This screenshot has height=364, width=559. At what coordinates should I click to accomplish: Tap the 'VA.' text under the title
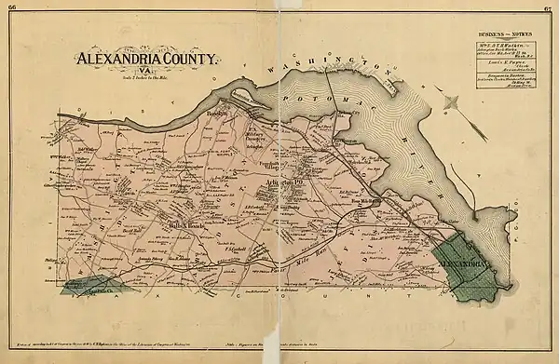143,71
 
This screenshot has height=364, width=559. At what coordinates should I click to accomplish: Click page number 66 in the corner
10,7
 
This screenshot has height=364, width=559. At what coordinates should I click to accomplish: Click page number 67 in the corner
549,7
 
